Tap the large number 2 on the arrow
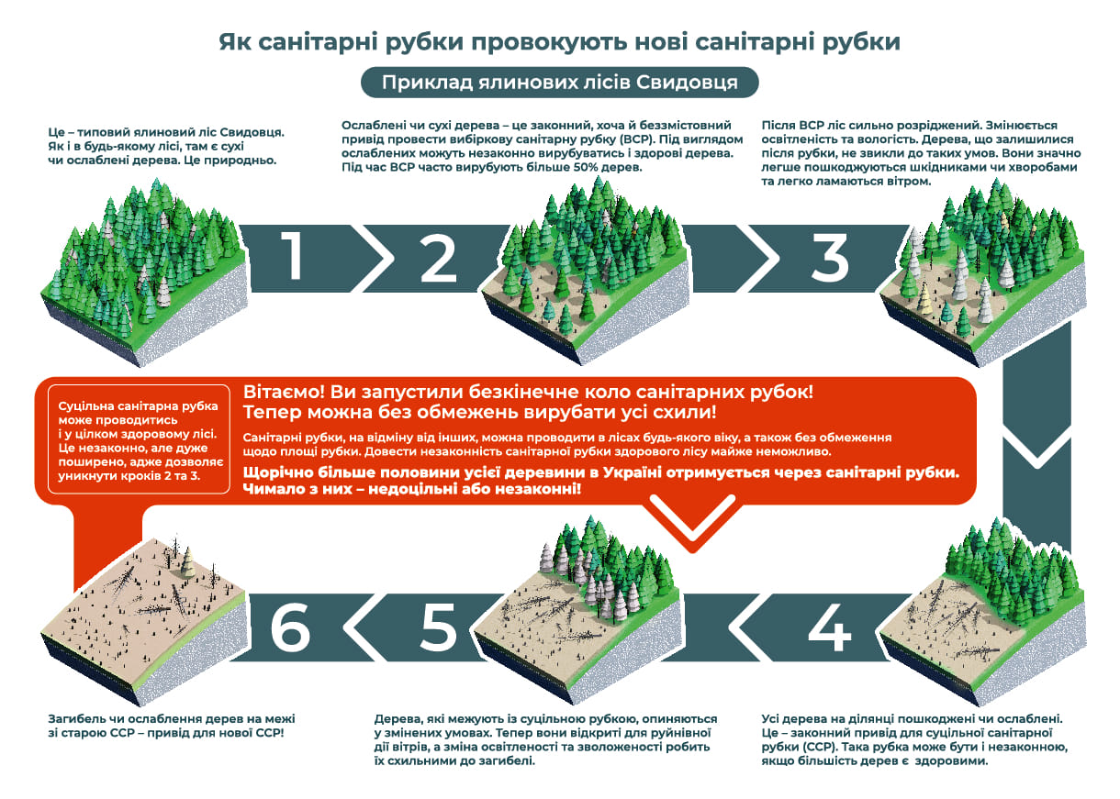coord(439,258)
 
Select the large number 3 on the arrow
coord(830,258)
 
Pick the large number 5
coord(438,627)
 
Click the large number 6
coord(290,627)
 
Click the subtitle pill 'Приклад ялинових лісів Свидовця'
coord(559,83)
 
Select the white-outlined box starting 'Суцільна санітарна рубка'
coord(139,439)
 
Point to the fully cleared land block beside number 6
coord(144,619)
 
